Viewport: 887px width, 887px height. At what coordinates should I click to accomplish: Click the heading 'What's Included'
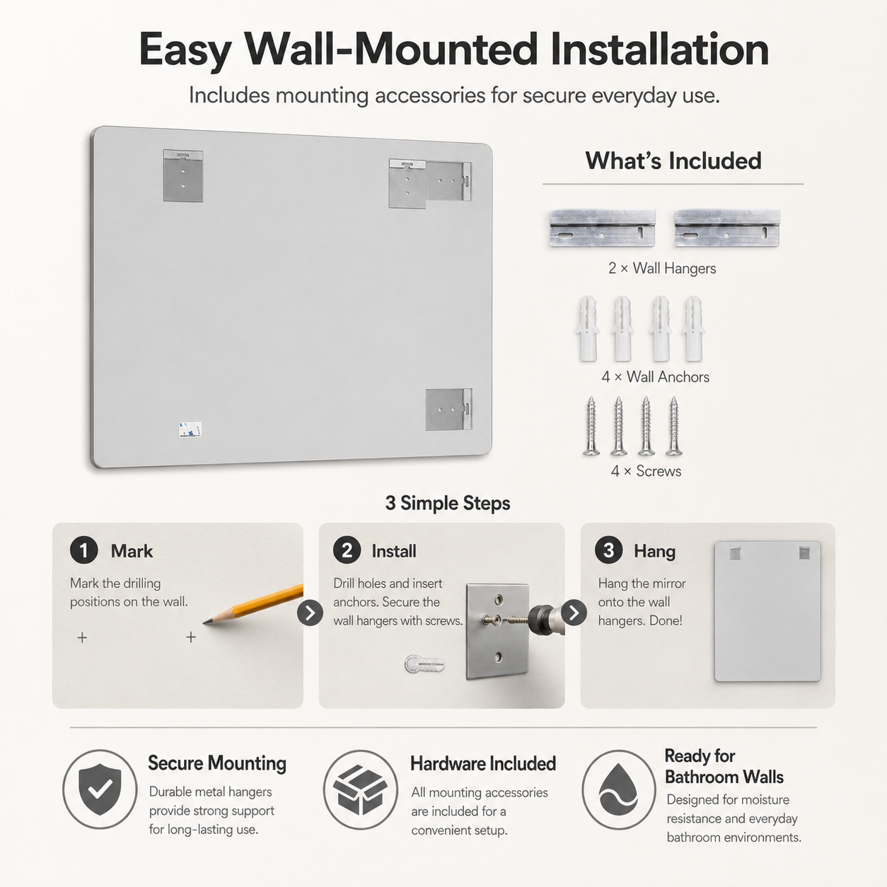click(x=673, y=161)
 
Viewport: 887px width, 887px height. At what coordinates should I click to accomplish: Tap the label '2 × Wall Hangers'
click(x=662, y=268)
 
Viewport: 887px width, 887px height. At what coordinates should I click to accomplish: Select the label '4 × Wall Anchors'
click(x=655, y=377)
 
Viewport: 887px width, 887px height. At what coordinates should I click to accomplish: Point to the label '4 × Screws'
click(x=646, y=471)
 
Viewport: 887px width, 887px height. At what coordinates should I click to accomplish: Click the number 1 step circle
click(x=83, y=550)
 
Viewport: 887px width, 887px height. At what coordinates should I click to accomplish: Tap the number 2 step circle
click(x=347, y=550)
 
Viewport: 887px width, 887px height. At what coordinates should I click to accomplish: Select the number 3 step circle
click(x=608, y=550)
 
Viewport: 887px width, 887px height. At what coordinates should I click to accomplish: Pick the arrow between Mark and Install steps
click(x=310, y=613)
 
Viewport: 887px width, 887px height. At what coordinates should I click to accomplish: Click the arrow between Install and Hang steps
click(x=574, y=613)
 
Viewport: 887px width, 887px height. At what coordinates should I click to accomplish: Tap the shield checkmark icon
click(x=100, y=789)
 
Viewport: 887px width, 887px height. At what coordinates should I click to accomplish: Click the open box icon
click(x=361, y=790)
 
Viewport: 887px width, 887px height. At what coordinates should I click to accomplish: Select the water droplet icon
click(x=619, y=790)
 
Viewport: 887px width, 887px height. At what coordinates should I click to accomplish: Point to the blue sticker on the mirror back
click(x=190, y=430)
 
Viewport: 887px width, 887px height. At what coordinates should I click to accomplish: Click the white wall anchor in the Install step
click(x=425, y=663)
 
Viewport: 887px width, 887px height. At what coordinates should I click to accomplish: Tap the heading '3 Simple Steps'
click(x=448, y=503)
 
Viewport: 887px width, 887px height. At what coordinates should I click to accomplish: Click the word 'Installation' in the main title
click(x=660, y=50)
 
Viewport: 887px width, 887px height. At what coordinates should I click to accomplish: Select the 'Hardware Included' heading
click(x=483, y=764)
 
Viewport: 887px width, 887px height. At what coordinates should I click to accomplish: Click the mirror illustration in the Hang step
click(x=767, y=611)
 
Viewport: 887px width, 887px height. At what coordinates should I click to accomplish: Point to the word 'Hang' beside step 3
click(x=654, y=552)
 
